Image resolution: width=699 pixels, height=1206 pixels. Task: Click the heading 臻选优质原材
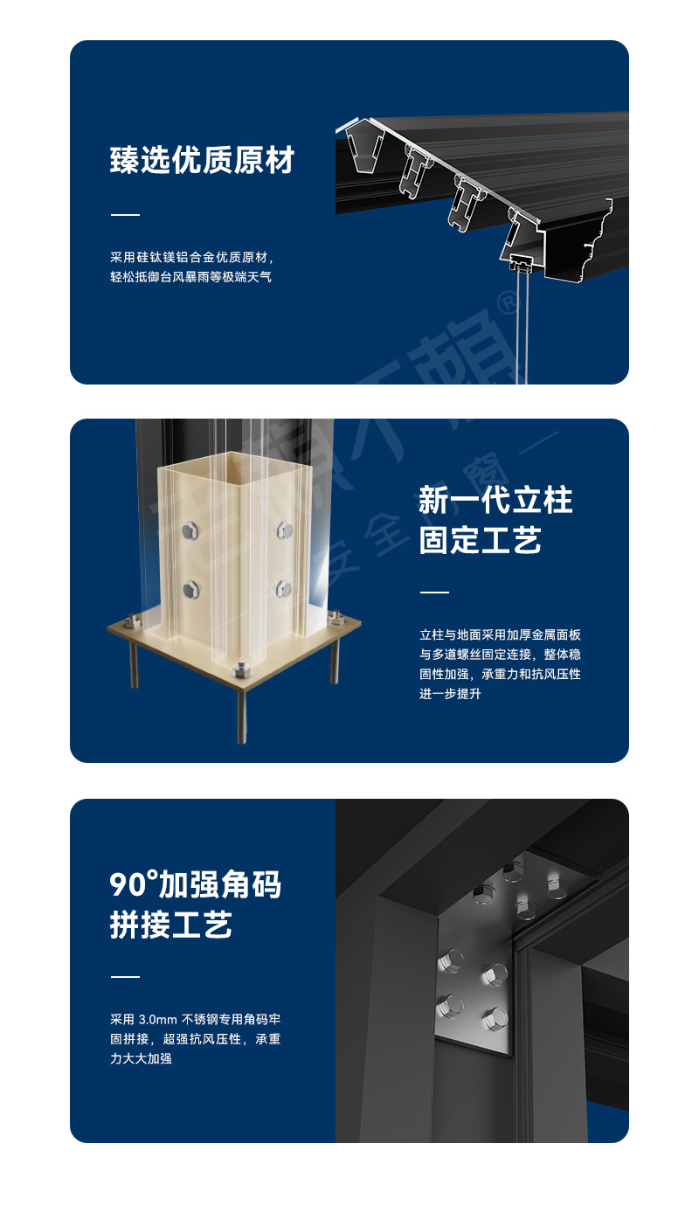click(202, 161)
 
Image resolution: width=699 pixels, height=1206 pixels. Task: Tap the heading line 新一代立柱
click(495, 501)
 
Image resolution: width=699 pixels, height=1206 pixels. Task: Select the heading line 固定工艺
click(480, 541)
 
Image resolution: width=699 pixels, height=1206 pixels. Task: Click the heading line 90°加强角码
click(195, 884)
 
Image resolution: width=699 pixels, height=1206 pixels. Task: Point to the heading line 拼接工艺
click(170, 925)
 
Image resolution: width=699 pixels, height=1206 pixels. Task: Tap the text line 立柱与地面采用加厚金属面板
click(500, 634)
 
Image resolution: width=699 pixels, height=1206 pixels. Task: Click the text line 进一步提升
click(450, 694)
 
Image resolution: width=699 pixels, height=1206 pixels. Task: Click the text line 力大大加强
click(140, 1059)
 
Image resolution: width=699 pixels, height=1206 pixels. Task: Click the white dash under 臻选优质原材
click(125, 214)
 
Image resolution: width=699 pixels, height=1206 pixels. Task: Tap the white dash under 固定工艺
click(434, 593)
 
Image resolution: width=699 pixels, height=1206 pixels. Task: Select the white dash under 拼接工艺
click(125, 976)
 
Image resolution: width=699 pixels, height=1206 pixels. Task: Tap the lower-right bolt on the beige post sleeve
click(282, 587)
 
